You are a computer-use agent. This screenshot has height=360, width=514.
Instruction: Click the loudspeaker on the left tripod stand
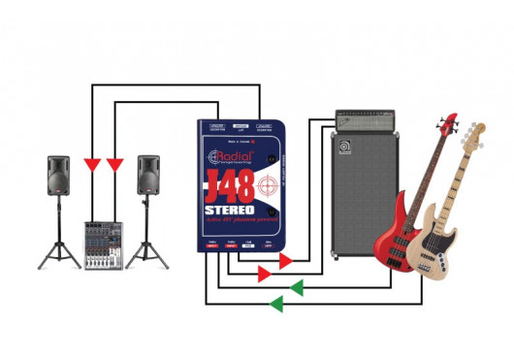coord(60,178)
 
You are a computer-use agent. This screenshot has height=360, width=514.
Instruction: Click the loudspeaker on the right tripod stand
coord(147,178)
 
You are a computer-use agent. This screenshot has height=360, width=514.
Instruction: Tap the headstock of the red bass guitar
coord(447,124)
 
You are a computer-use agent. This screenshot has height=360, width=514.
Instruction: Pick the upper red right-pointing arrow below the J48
coord(285,261)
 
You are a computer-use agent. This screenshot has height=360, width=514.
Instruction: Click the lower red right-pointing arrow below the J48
coord(264,275)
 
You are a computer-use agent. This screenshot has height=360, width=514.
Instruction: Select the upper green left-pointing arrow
coord(297,287)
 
